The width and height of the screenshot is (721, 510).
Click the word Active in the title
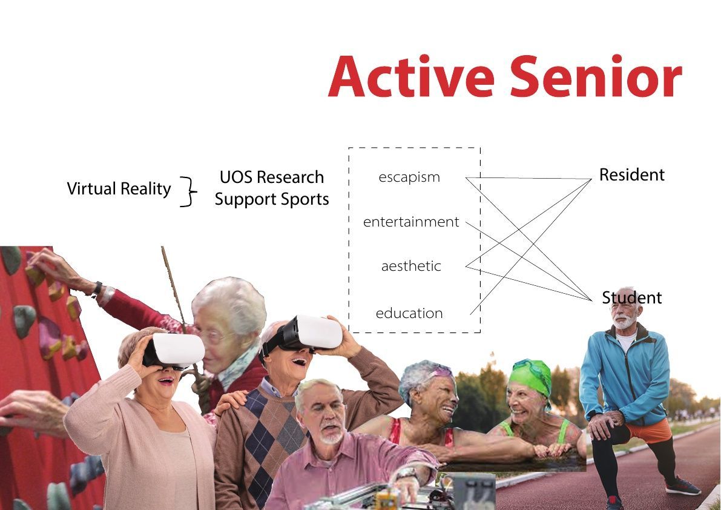tap(410, 76)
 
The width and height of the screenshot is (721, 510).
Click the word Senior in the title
tap(596, 76)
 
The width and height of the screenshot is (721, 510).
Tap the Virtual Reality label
tap(119, 188)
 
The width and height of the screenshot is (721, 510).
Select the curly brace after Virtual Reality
tap(188, 191)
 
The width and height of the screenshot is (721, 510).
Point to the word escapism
tap(409, 177)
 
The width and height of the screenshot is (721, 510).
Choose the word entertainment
tap(411, 222)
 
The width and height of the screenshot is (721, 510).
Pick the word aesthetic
tap(411, 266)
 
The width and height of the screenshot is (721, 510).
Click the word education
tap(409, 313)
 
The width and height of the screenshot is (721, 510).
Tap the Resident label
tap(632, 175)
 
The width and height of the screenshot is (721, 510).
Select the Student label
tap(632, 297)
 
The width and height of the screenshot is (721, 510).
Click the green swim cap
tap(531, 376)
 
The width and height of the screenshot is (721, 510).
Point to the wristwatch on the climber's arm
tap(97, 289)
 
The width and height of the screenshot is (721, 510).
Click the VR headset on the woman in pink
tap(174, 351)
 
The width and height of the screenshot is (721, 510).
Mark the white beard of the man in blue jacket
tap(624, 322)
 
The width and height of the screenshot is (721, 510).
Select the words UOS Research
tap(272, 177)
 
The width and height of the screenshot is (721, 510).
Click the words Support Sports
tap(272, 199)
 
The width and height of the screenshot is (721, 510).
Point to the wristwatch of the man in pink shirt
tap(407, 473)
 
